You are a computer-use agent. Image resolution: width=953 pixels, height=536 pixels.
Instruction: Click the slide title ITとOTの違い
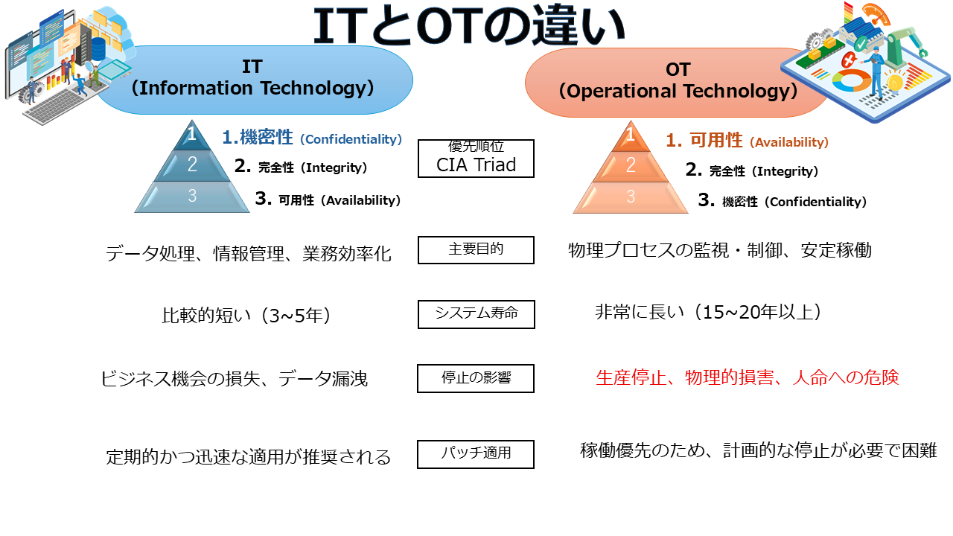click(468, 25)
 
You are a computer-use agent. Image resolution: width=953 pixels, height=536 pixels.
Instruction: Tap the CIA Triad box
click(476, 159)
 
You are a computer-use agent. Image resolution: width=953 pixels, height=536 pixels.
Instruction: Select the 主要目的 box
click(476, 250)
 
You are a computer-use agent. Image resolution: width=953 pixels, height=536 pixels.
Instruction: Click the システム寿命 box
click(476, 314)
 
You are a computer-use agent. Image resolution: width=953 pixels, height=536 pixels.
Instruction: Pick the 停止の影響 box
click(476, 378)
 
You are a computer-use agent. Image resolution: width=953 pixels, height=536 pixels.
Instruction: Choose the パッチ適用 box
click(476, 454)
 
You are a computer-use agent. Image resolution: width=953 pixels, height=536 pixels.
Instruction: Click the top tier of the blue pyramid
click(192, 137)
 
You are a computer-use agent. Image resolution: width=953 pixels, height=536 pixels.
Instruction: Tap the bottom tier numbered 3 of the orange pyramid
click(631, 197)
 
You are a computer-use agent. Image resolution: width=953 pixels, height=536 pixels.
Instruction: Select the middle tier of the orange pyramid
click(631, 166)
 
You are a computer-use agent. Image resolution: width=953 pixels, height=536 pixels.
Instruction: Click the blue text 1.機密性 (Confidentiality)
click(312, 138)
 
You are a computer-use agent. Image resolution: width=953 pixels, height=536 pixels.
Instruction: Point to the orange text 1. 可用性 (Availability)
click(747, 141)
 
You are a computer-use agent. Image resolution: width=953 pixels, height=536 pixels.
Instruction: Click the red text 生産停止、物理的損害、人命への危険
click(747, 377)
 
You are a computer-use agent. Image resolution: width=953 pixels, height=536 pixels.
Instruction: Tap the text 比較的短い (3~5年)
click(246, 315)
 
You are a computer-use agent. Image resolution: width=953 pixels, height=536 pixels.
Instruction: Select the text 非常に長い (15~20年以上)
click(708, 312)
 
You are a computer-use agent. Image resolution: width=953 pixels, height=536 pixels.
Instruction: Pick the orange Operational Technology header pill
click(677, 83)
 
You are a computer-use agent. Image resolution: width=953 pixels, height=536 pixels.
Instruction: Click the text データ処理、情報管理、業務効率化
click(249, 254)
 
